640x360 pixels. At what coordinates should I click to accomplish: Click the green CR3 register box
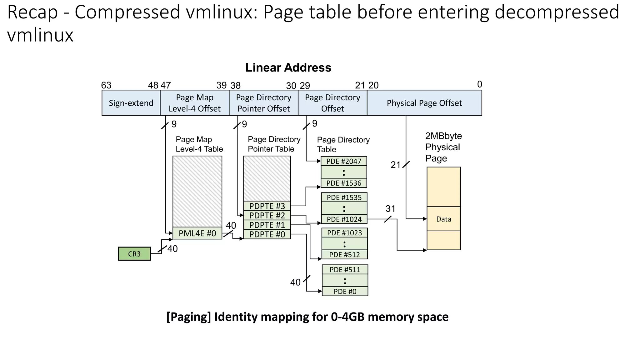(134, 254)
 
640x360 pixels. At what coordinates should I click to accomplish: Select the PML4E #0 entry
(197, 233)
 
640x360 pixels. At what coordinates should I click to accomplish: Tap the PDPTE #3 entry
(267, 206)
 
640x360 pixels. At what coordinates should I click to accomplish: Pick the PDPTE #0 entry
(267, 234)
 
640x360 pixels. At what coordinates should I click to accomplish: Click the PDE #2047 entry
(344, 161)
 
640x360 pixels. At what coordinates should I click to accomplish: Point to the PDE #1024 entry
(344, 219)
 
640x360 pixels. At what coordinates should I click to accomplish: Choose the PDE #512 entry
(344, 255)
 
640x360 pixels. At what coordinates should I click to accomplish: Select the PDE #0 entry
(345, 292)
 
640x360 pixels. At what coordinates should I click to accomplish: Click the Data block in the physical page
(443, 219)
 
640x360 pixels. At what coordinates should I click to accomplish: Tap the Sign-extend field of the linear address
(131, 103)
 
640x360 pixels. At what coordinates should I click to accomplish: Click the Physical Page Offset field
(424, 103)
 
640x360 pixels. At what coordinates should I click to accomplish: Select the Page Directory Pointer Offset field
(263, 103)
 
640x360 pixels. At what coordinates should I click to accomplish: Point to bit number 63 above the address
(106, 85)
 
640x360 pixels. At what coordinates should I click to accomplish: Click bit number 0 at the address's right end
(479, 84)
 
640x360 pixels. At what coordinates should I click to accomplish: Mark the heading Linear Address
(288, 68)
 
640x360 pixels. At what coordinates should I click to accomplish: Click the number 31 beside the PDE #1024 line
(390, 209)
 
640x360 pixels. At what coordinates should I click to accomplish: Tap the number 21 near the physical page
(395, 165)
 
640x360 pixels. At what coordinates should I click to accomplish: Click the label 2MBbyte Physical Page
(443, 147)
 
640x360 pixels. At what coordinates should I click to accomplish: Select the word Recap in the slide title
(32, 12)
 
